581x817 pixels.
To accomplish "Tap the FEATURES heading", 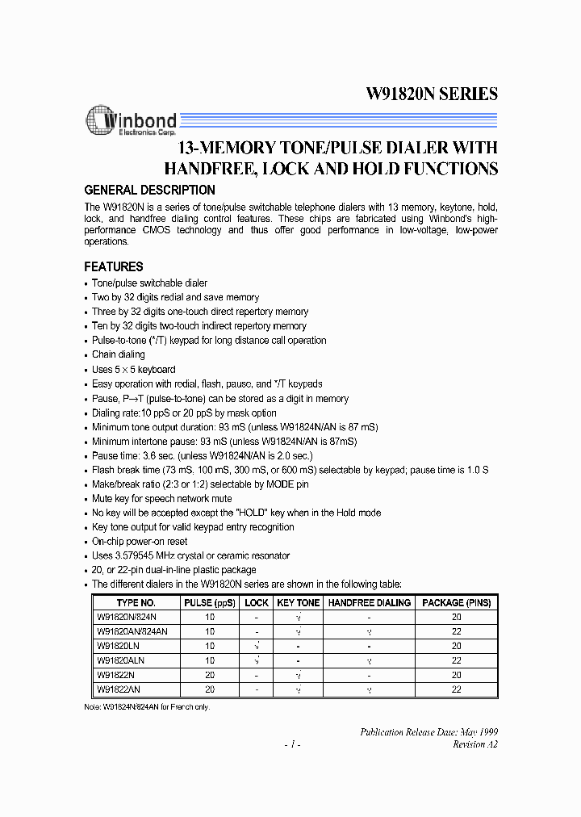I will coord(114,266).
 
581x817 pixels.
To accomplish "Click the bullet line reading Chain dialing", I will coord(119,354).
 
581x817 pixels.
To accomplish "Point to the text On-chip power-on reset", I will coord(140,541).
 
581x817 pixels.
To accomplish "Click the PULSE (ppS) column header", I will coord(210,602).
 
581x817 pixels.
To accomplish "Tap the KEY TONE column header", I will coord(299,602).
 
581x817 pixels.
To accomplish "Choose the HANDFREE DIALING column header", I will coord(370,602).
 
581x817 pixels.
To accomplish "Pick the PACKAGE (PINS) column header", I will coord(456,602).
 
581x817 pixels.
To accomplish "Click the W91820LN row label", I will coord(118,646).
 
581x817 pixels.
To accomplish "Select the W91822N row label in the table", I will coord(115,674).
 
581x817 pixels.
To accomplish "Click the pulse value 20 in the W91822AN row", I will coord(210,689).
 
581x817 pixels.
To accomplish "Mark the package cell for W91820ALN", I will coord(456,660).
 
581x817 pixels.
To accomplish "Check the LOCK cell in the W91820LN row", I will coord(257,646).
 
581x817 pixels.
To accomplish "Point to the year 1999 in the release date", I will coord(487,731).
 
